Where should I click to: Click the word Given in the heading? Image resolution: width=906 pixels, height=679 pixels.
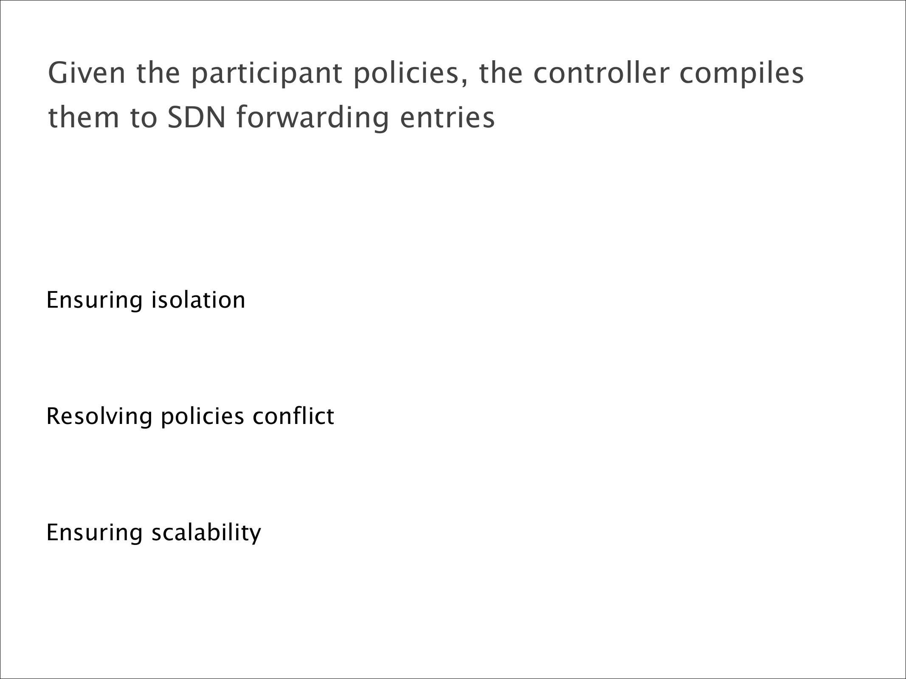tap(87, 73)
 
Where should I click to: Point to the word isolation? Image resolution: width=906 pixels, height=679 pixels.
tap(198, 300)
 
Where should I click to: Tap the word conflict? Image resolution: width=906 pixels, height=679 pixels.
tap(293, 416)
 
